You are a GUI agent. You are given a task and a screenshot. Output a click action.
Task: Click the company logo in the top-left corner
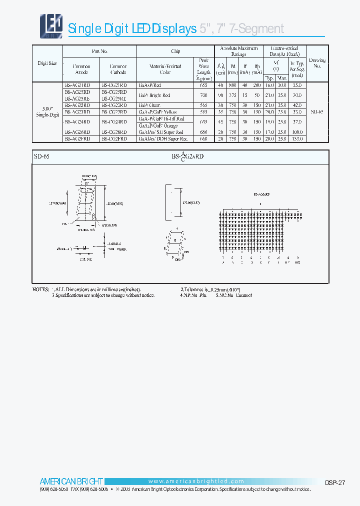[51, 24]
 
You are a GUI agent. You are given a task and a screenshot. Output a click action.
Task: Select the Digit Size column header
[47, 63]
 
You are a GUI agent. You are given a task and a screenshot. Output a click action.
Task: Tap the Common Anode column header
[81, 69]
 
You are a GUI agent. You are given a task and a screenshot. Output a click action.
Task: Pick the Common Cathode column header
[118, 69]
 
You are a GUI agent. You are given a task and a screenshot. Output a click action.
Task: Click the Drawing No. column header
[317, 63]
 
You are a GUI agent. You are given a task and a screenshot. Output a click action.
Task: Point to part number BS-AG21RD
[77, 85]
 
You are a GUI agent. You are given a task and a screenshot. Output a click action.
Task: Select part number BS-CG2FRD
[114, 138]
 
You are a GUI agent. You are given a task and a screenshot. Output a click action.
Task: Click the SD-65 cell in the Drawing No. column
[317, 112]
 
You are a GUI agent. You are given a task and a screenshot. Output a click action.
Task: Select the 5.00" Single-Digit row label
[47, 112]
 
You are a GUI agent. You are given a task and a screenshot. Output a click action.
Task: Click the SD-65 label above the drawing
[42, 156]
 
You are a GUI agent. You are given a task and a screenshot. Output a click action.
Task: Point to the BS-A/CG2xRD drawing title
[187, 156]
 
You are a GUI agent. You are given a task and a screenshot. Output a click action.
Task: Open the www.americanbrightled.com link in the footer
[196, 481]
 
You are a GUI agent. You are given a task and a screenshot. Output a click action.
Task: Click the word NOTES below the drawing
[41, 289]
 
